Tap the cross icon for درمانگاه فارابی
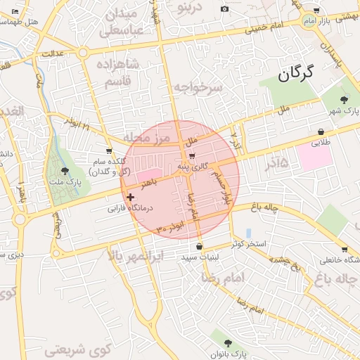click(x=130, y=198)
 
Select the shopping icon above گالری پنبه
click(x=192, y=156)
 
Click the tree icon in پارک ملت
click(x=65, y=170)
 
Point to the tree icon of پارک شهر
click(x=343, y=100)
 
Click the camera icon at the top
click(x=224, y=9)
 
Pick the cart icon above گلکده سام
click(x=108, y=151)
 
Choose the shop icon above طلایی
click(x=321, y=131)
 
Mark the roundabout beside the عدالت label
click(x=83, y=52)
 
